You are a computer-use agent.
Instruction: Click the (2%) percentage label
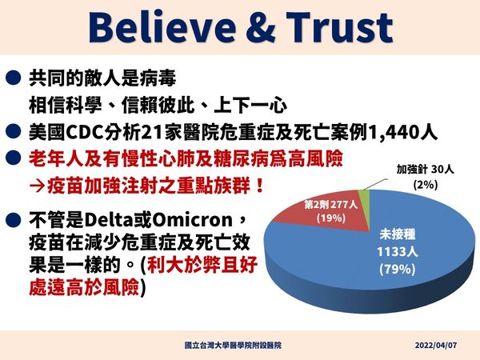click(424, 185)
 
